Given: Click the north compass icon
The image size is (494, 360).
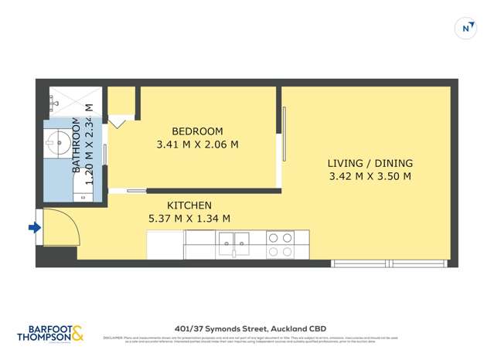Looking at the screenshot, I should (465, 28).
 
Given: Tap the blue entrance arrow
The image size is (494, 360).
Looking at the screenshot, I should (34, 227).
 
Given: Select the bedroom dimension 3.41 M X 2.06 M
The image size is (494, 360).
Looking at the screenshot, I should (197, 144).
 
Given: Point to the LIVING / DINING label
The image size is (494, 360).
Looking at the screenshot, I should (370, 164).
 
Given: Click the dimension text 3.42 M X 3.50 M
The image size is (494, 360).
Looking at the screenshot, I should (370, 176).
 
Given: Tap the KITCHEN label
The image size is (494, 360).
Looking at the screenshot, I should (189, 205).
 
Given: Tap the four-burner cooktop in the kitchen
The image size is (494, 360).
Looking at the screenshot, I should (279, 244).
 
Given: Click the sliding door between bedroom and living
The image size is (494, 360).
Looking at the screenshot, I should (284, 134).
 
